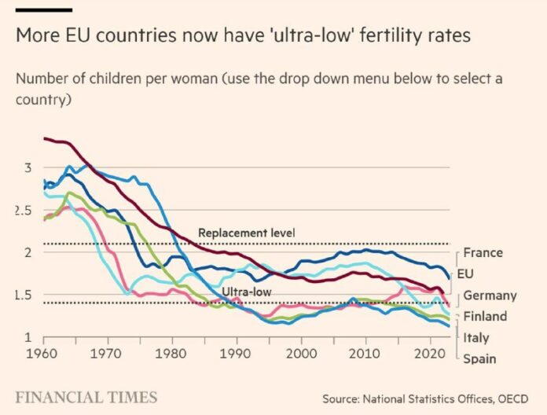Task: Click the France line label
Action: coord(483,253)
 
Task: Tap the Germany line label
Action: coord(490,296)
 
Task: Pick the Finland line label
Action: coord(485,317)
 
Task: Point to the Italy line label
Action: coord(475,338)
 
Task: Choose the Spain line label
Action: coord(479,359)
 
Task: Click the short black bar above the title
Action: coord(43,9)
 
